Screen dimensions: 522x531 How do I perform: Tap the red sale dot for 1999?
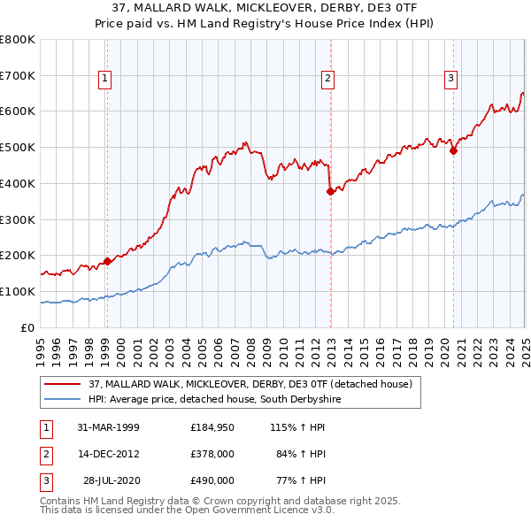[x=107, y=261]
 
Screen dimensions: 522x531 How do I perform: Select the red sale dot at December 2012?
[x=330, y=190]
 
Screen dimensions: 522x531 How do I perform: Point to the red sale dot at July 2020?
[x=453, y=150]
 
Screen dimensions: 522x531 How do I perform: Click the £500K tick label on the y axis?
[x=18, y=147]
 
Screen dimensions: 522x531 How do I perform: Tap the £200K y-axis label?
[x=18, y=255]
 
